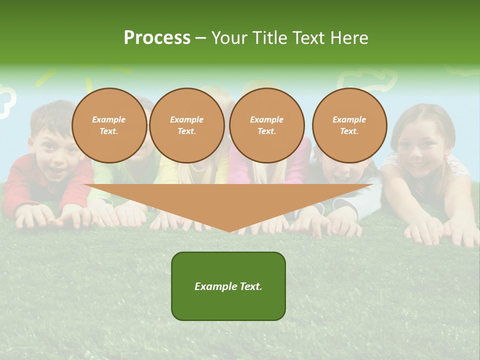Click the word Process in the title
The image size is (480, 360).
coord(157,38)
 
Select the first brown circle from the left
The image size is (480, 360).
coord(109,125)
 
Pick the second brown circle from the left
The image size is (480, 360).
coord(187,125)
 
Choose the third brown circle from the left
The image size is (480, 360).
coord(266,125)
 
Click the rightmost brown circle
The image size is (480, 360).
coord(349,125)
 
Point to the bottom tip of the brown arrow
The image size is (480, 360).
coord(229,231)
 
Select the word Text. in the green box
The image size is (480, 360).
coord(250,286)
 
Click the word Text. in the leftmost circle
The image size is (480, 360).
coord(109,131)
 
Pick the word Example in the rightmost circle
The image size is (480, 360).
coord(349,119)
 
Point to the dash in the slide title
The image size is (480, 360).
coord(200,38)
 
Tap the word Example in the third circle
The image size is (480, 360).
coord(266,119)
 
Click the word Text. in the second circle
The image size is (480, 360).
coord(186,131)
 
